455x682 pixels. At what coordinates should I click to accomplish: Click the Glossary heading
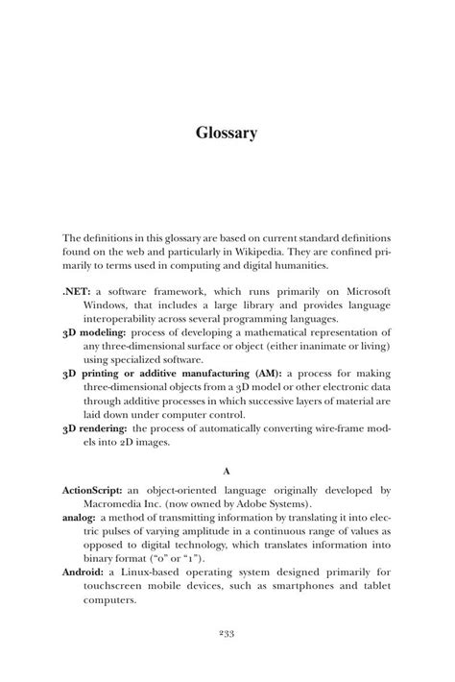(x=227, y=133)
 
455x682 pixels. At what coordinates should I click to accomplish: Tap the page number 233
(x=227, y=633)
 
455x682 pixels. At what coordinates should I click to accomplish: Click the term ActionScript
(x=94, y=491)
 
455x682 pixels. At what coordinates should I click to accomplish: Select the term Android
(x=84, y=571)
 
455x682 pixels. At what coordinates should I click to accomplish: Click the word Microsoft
(x=362, y=288)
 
